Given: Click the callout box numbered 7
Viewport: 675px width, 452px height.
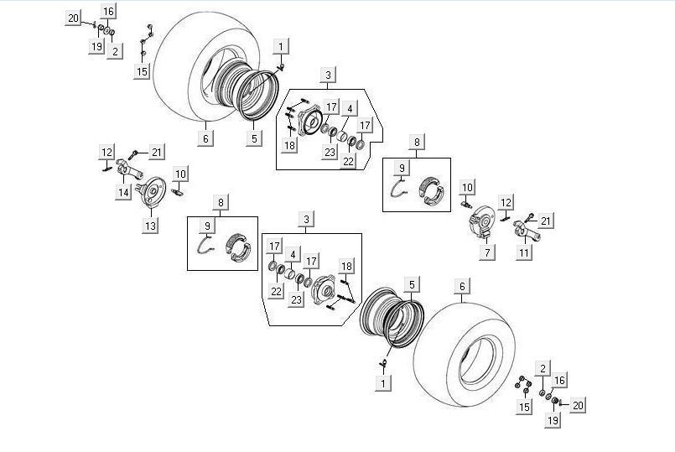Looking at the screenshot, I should point(488,252).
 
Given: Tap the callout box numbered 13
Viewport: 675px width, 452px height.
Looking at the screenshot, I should point(151,226).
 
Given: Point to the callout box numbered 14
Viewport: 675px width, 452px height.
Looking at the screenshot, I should point(123,192).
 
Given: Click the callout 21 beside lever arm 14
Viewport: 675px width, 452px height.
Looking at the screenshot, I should point(158,151).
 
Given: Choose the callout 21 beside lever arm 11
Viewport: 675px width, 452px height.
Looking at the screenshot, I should point(545,221).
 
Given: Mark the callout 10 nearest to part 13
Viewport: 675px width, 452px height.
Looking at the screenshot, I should point(180,174).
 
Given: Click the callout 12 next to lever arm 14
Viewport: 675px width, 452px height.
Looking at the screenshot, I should point(106,151).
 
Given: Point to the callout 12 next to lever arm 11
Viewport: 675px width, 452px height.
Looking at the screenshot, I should point(505,202).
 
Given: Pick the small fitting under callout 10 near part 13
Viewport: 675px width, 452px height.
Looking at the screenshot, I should point(178,192).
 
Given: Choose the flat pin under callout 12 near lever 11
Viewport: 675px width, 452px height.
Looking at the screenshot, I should point(505,218).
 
